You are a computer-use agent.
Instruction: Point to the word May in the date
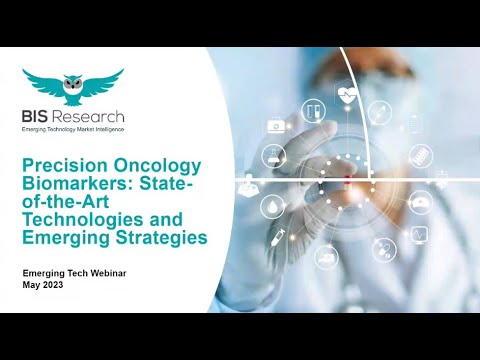32,285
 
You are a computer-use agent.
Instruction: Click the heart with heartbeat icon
348,97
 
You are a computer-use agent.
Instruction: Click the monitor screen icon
421,236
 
